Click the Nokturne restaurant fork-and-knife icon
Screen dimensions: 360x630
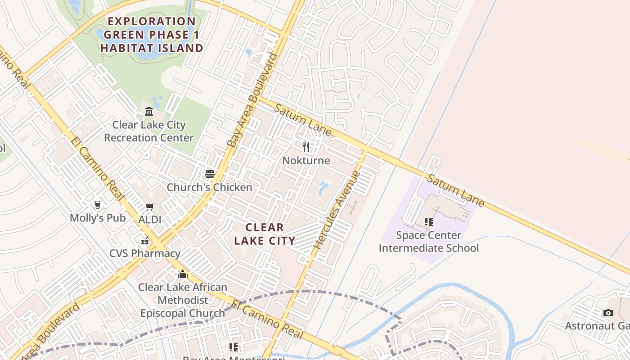point(306,147)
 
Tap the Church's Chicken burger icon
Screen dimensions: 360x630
point(210,174)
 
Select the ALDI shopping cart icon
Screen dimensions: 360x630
point(150,207)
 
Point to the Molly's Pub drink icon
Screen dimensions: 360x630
point(97,205)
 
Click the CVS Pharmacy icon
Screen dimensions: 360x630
point(145,240)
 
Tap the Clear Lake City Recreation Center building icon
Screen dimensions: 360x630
point(149,111)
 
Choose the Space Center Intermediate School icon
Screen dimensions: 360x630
point(428,222)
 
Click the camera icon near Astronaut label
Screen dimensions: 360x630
point(608,313)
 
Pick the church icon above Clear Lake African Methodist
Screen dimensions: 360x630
point(183,274)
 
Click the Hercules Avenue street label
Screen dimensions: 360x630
point(337,210)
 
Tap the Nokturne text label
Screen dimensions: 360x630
point(306,161)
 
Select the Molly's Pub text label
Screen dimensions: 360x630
point(98,218)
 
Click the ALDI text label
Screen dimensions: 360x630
point(150,220)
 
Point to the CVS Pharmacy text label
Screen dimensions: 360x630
point(145,253)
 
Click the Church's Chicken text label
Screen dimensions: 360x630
point(210,187)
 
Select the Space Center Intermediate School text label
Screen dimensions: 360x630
point(429,242)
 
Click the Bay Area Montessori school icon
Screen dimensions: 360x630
point(233,347)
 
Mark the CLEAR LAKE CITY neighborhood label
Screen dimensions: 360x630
point(265,234)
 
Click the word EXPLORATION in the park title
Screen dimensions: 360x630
point(152,21)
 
